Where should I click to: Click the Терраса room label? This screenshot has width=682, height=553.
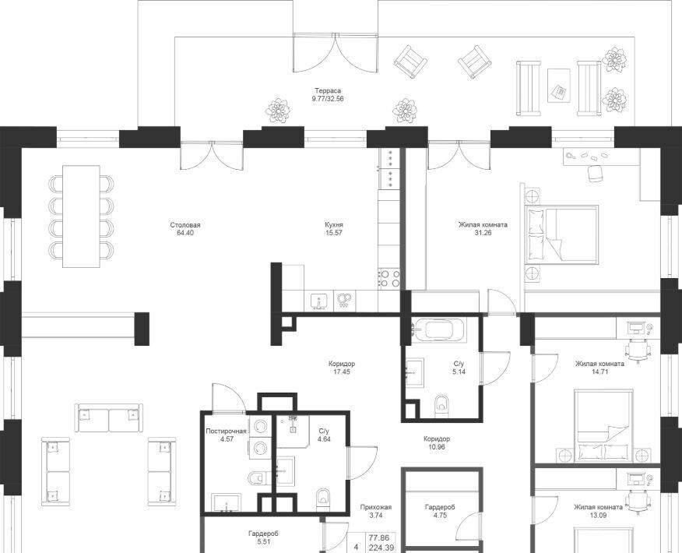click(x=328, y=91)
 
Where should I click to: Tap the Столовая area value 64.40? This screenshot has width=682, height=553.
click(x=185, y=233)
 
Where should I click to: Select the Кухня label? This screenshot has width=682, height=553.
click(x=334, y=225)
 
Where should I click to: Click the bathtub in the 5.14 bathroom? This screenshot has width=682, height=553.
click(x=438, y=330)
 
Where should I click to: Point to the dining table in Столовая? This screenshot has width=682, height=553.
click(x=81, y=217)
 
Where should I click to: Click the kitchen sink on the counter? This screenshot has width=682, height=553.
click(x=319, y=301)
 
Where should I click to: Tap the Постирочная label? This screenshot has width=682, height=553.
click(x=227, y=431)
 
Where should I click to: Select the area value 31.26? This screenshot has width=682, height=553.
click(x=483, y=233)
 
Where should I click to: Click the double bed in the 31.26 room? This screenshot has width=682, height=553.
click(x=561, y=235)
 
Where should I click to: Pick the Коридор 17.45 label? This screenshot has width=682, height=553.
click(x=342, y=368)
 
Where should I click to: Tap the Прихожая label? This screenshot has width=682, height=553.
click(x=376, y=507)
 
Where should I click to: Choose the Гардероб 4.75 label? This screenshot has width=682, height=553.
click(x=440, y=511)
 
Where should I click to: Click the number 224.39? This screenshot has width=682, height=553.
click(x=381, y=548)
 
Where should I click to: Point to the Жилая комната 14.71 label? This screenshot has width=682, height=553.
click(x=599, y=368)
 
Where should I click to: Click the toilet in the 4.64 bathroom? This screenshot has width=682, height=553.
click(x=322, y=499)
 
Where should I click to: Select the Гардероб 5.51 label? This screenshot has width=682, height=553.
click(x=263, y=537)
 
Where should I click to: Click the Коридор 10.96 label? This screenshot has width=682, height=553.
click(x=436, y=443)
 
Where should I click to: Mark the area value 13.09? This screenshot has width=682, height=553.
click(x=598, y=515)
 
